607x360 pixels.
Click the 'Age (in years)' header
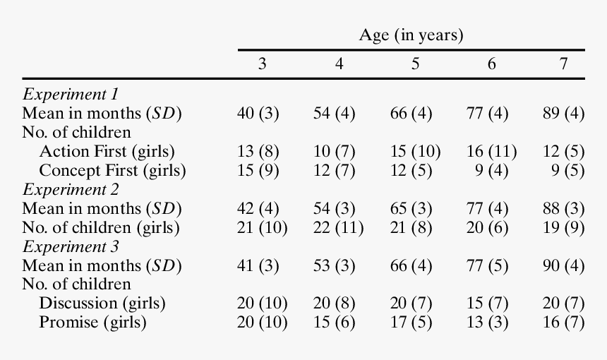(x=411, y=35)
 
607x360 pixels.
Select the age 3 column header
(x=262, y=64)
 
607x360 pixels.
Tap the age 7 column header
(x=563, y=64)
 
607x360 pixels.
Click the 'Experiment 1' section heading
(x=71, y=94)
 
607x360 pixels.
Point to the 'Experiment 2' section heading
(x=71, y=189)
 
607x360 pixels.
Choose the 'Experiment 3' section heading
(x=71, y=246)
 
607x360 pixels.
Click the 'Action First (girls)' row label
(x=107, y=151)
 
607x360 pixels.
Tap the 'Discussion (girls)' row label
(x=102, y=304)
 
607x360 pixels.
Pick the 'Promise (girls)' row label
(x=92, y=323)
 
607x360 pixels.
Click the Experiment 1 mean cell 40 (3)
(x=258, y=113)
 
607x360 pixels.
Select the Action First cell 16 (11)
(x=491, y=151)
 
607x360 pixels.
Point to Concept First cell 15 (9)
(x=258, y=170)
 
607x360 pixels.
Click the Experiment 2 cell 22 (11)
(x=338, y=227)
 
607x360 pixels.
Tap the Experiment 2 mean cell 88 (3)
(x=563, y=208)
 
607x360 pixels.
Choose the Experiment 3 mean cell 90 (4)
(x=563, y=265)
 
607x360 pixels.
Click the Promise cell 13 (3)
(x=491, y=323)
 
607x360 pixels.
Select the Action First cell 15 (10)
(x=415, y=151)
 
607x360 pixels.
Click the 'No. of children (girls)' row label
(x=101, y=227)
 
